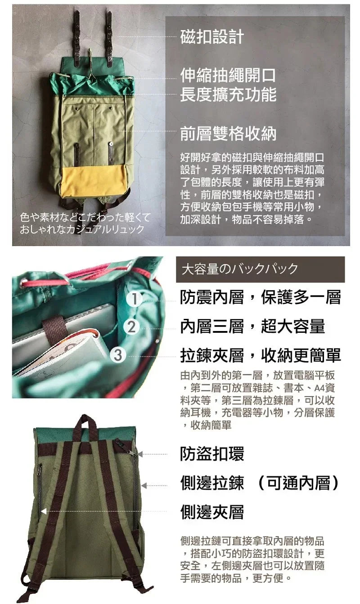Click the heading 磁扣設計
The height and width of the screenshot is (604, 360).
coord(211,37)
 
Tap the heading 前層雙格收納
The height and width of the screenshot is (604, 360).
coord(228,134)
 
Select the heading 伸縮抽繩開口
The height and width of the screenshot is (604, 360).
coord(228,75)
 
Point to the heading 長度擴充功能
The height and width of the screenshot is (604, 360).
coord(228,94)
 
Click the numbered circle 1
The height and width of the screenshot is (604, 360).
coord(135,298)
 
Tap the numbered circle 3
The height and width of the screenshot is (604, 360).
coord(118,355)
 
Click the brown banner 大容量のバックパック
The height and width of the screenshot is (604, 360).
coord(260,269)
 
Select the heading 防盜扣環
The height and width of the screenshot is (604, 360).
coord(211,454)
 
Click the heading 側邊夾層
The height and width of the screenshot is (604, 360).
coord(211,511)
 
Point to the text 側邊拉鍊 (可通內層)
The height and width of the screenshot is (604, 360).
coord(259,483)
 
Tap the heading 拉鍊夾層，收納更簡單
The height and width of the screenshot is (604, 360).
coord(260,355)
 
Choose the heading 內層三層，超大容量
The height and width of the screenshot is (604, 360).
coord(252,327)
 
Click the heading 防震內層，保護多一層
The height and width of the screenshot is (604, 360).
coord(260,297)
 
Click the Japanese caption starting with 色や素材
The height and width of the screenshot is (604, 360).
coord(85,223)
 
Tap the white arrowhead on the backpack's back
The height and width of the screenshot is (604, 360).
coord(44,511)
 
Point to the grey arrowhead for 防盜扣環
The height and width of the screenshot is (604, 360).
coord(140,454)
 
